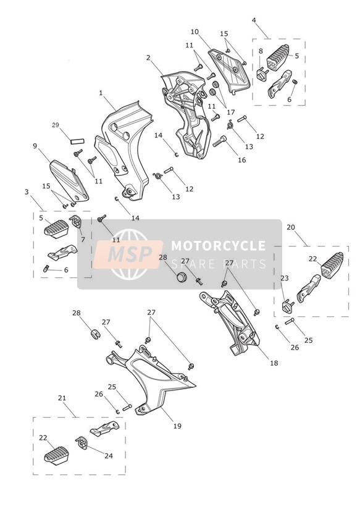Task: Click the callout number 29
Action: [56, 125]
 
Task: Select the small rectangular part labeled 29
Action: [78, 141]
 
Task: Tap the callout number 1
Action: [101, 93]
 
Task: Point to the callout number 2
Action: [148, 57]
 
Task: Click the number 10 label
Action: [195, 32]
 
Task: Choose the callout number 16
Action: [242, 160]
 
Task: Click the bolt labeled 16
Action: [220, 141]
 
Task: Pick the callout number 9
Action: [35, 146]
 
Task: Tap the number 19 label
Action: [177, 426]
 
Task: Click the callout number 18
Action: [274, 363]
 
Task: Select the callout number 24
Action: [109, 456]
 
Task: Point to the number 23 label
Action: [285, 278]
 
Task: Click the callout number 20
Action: [291, 227]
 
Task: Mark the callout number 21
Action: [62, 398]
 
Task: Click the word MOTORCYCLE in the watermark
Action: [219, 245]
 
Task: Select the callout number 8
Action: [261, 51]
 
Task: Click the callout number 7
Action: [83, 240]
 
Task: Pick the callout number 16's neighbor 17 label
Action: [231, 112]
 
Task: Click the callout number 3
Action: [27, 192]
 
